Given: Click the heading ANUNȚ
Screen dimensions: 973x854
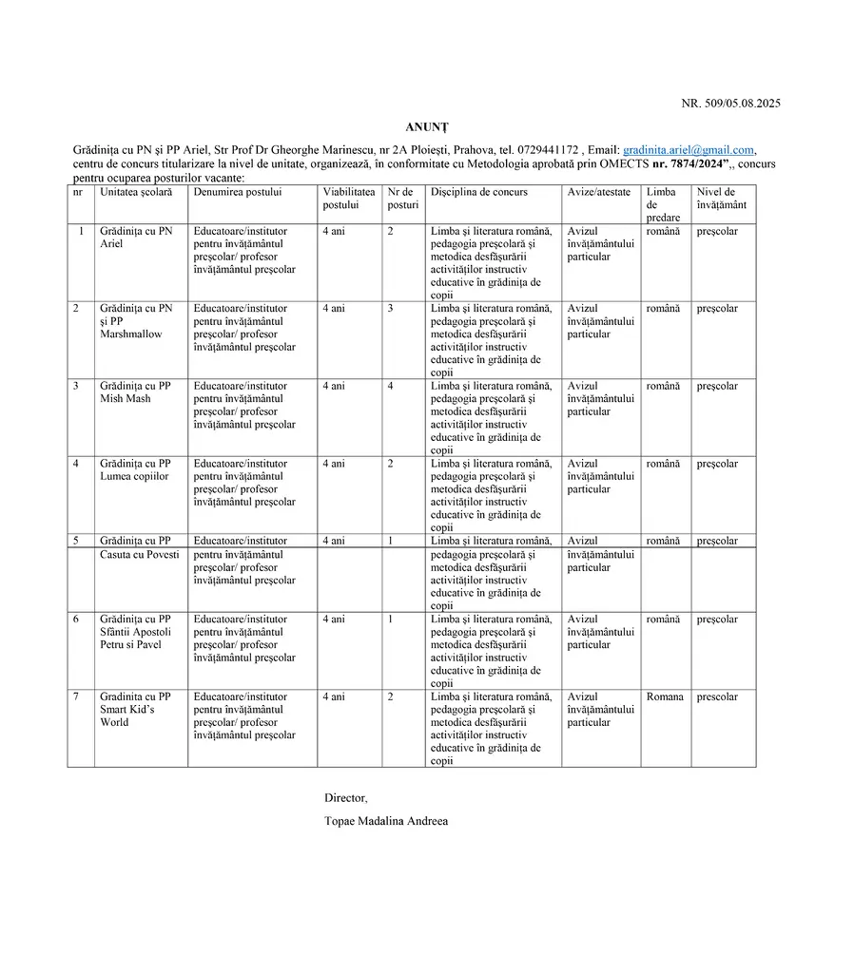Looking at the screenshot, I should pos(426,126).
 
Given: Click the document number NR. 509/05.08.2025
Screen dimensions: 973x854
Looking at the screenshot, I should pos(730,104).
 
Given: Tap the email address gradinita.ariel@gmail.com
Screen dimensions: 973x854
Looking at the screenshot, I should pos(689,150).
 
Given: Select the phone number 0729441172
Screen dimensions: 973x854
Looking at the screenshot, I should pos(547,150).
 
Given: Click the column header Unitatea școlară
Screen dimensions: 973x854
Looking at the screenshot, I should pos(136,192).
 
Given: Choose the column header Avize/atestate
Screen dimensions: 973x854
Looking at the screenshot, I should pos(598,192).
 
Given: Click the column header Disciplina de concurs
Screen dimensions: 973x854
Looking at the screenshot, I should pos(478,192).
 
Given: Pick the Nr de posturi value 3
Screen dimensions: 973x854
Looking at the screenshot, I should pos(390,309).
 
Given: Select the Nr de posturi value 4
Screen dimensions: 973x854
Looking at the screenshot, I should pos(390,387).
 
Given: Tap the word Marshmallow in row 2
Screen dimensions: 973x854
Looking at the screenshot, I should pos(131,334).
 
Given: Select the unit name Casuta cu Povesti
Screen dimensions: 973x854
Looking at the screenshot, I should pos(139,555).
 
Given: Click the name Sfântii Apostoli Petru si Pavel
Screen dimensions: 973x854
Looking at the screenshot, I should pos(135,639).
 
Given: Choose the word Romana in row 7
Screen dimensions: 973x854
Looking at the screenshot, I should pos(665,697).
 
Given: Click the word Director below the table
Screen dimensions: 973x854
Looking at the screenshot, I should pos(345,797).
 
